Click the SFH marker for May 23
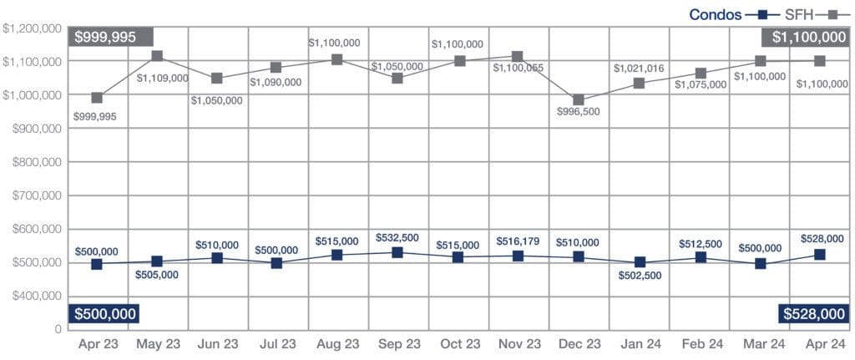157,56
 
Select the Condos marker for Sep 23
397,252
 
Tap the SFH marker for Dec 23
579,100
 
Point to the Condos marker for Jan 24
640,263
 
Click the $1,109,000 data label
164,78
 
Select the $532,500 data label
397,237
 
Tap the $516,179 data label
519,241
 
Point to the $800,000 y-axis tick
33,162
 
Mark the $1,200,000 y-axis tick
33,28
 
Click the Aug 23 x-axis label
338,343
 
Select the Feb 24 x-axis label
699,343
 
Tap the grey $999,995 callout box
111,37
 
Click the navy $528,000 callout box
812,313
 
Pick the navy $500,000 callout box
104,313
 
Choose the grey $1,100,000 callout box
806,37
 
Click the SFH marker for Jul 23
277,68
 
